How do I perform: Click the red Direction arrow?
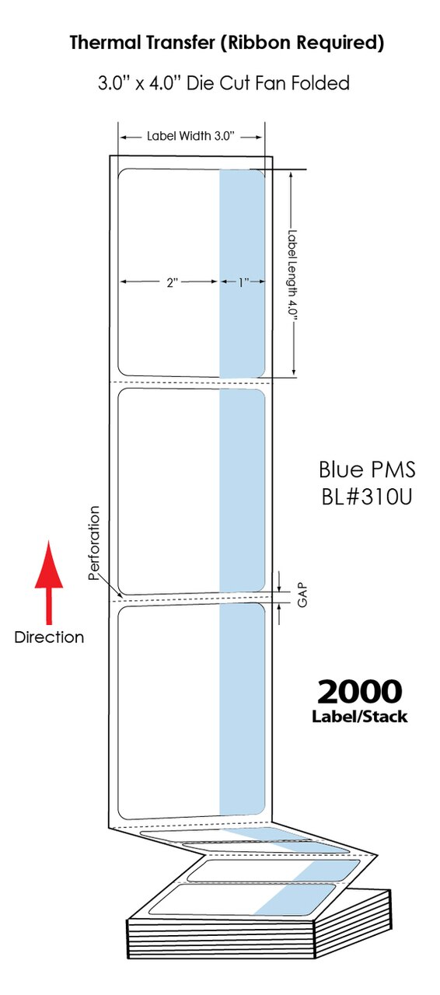[x=49, y=582]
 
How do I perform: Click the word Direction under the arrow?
[x=49, y=637]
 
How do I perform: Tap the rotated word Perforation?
[x=94, y=543]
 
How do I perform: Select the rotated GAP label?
[x=302, y=595]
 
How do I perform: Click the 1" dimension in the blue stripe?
[x=243, y=283]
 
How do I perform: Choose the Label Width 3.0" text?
[x=190, y=136]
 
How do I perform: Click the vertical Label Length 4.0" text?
[x=292, y=276]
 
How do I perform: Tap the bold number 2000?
[x=359, y=692]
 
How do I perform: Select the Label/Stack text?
[x=359, y=717]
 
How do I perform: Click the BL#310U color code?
[x=367, y=497]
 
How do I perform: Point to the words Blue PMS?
[x=367, y=470]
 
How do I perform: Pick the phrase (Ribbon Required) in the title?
[x=302, y=43]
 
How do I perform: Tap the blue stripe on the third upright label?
[x=243, y=710]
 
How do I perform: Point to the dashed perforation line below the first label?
[x=190, y=382]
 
